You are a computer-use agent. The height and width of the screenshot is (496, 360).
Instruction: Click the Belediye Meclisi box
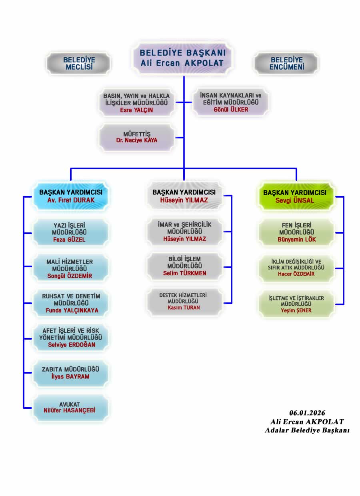pos(79,63)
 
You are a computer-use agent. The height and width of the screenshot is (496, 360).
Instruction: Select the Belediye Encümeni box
pos(286,63)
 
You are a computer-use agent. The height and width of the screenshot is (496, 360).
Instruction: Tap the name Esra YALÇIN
pos(136,110)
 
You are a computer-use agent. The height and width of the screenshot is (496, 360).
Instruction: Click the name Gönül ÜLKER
pos(231,110)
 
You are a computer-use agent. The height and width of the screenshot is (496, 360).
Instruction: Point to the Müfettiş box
pos(137,137)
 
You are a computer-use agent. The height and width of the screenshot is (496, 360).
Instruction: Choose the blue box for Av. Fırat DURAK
pos(71,196)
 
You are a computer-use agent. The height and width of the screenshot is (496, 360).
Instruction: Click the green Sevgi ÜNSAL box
pos(295,196)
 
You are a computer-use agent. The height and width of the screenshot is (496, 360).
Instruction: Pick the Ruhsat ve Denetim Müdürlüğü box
pos(71,303)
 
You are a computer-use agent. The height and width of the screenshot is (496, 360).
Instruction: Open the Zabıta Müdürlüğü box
pos(70,372)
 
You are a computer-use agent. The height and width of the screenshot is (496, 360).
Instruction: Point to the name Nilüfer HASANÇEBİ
pos(70,410)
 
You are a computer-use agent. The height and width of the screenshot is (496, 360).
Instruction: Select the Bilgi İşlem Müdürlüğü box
pos(184,266)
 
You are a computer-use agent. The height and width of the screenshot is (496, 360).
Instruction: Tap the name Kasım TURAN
pos(184,308)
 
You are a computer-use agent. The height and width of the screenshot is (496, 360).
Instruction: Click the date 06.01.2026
pos(307,413)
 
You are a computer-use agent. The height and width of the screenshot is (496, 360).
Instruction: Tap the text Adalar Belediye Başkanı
pos(307,430)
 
